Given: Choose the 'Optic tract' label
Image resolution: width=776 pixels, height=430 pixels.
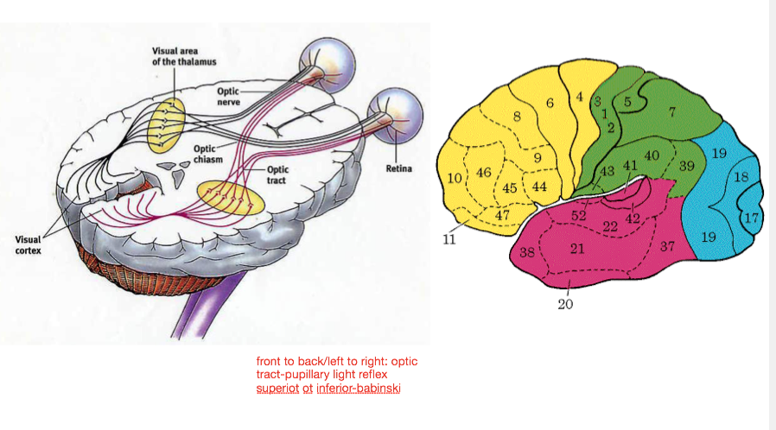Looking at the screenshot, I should pyautogui.click(x=278, y=175).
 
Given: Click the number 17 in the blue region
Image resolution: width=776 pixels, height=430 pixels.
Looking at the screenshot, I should pyautogui.click(x=751, y=218).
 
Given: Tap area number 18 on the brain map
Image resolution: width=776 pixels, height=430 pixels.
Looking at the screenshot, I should pyautogui.click(x=741, y=177).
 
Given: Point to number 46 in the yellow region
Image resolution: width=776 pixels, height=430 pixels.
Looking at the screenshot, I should pyautogui.click(x=484, y=173).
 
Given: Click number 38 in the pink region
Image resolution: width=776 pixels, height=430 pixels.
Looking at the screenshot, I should pyautogui.click(x=527, y=253).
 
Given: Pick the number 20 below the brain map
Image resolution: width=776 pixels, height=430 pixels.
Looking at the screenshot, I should pyautogui.click(x=566, y=303).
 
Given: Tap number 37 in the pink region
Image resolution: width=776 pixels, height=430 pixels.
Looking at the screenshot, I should pyautogui.click(x=666, y=246).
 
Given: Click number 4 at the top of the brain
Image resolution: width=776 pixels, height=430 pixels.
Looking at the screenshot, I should pyautogui.click(x=579, y=96).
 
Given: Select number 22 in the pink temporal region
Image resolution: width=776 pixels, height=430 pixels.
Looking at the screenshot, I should pyautogui.click(x=610, y=226).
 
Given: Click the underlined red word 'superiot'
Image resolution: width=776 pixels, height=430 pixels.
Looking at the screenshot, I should pyautogui.click(x=275, y=389).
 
